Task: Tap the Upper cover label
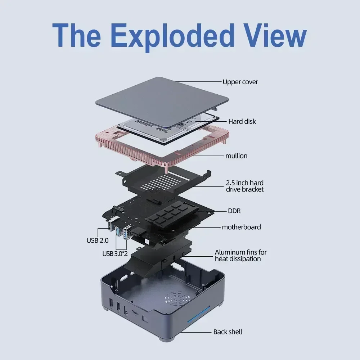(x=240, y=82)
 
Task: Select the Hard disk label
(x=242, y=121)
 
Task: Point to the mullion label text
(x=236, y=156)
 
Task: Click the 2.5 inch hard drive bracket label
(x=244, y=186)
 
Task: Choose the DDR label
(x=234, y=211)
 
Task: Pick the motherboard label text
(x=241, y=227)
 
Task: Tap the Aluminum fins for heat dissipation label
(x=240, y=255)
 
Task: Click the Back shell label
(x=228, y=332)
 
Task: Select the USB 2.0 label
(x=97, y=240)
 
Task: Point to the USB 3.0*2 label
(x=115, y=253)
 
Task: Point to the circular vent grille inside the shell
(x=177, y=299)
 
